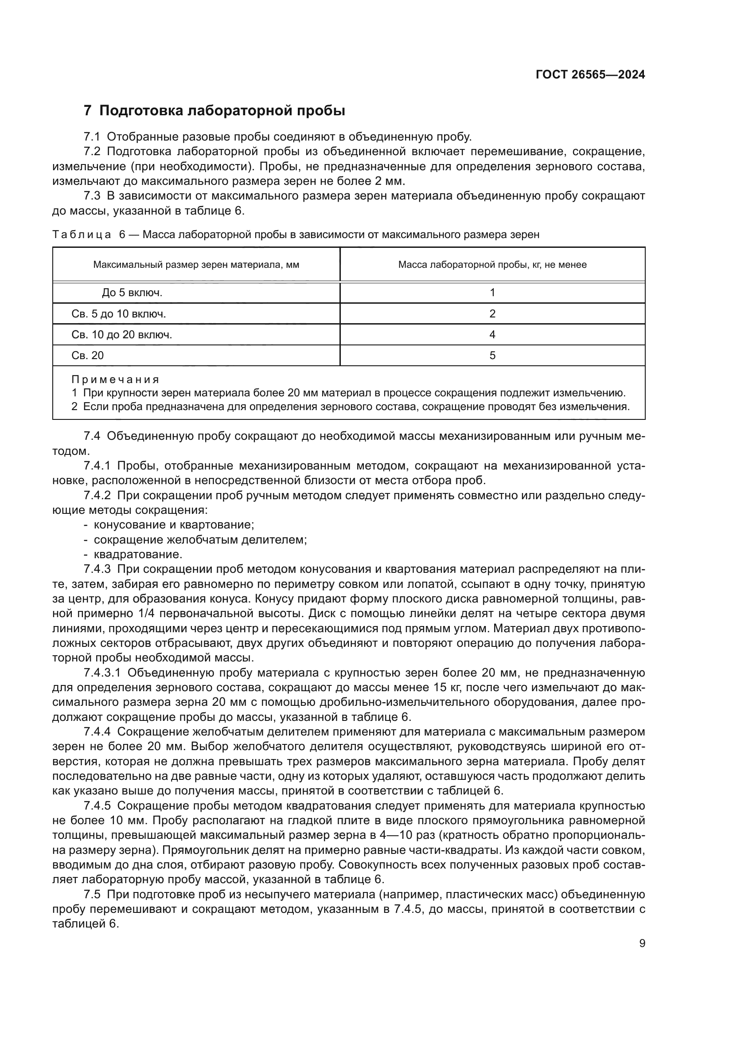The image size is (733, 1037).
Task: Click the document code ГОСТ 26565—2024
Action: pyautogui.click(x=590, y=75)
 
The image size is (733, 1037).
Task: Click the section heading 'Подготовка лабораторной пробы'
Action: pyautogui.click(x=222, y=111)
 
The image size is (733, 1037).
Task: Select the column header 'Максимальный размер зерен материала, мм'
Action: pyautogui.click(x=196, y=265)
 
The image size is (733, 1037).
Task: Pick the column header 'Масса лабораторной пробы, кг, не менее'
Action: pyautogui.click(x=492, y=265)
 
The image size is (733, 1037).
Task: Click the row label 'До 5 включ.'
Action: pyautogui.click(x=132, y=293)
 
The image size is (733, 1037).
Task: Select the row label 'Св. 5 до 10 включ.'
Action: pyautogui.click(x=118, y=313)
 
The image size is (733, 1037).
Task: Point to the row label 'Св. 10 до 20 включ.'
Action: pyautogui.click(x=121, y=335)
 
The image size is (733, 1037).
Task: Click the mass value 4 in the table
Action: pyautogui.click(x=492, y=335)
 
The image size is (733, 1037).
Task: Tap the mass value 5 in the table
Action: pyautogui.click(x=492, y=356)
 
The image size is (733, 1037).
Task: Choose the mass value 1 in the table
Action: pyautogui.click(x=492, y=293)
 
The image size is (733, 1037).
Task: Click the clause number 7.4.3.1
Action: pyautogui.click(x=102, y=673)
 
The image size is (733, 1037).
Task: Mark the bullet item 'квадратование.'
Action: pyautogui.click(x=138, y=554)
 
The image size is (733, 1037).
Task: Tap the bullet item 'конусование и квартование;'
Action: pyautogui.click(x=174, y=525)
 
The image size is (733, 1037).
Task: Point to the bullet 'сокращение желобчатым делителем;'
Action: pyautogui.click(x=200, y=540)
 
